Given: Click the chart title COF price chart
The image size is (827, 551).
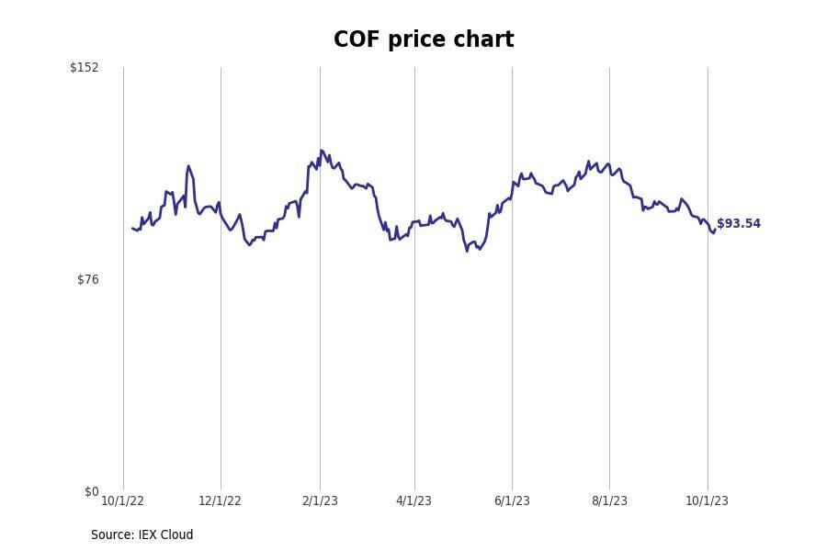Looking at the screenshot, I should [424, 40].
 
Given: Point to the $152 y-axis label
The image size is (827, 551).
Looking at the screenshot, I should [85, 67].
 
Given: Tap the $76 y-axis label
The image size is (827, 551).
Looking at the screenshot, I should [87, 279].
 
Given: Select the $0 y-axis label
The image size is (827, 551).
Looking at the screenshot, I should [91, 491].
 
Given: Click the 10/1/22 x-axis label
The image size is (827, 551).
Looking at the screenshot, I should [122, 500].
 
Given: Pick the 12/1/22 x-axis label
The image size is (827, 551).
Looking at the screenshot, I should [221, 500].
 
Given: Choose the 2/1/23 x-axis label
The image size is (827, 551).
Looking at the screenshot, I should [320, 500].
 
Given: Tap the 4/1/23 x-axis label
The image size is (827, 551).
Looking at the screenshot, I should [414, 500].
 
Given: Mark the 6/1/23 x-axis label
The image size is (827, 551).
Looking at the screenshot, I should [512, 500].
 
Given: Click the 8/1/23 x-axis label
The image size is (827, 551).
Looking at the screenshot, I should [609, 500].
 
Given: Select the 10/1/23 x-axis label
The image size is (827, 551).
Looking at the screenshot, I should [707, 500].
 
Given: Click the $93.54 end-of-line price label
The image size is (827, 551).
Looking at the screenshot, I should [739, 224].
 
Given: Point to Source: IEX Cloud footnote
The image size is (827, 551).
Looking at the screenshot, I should [142, 534].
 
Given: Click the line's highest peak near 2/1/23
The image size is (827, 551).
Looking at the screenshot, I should [322, 151].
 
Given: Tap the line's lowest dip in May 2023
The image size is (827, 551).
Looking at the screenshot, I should [467, 251].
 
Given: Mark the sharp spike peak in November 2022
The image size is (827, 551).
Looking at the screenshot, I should [188, 166].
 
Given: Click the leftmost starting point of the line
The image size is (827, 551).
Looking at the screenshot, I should [132, 228].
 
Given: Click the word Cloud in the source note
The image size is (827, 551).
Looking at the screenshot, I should [176, 534].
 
